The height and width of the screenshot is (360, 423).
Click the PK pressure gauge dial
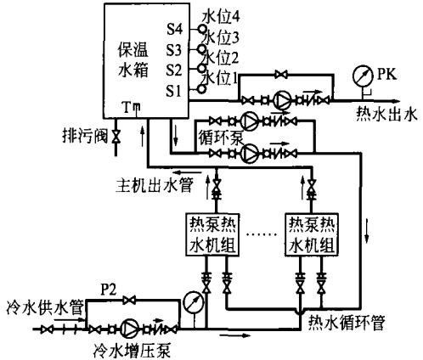click(x=363, y=76)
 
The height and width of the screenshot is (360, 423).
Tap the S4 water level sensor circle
click(x=202, y=29)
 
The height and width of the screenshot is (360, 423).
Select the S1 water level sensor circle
click(x=202, y=89)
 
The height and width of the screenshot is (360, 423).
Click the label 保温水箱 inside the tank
click(x=133, y=60)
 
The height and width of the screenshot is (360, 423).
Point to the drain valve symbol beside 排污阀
click(x=116, y=137)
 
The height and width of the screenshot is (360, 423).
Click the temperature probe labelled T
click(x=136, y=110)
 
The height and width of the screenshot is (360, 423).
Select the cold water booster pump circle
click(x=129, y=329)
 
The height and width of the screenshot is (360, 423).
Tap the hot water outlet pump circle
click(x=283, y=100)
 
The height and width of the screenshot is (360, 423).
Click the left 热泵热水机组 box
click(x=212, y=234)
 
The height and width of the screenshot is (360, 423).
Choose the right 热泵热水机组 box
click(x=312, y=234)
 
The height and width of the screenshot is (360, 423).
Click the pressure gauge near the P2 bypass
click(x=194, y=302)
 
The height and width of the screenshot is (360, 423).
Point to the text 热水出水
click(x=386, y=115)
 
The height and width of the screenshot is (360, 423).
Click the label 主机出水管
click(x=155, y=185)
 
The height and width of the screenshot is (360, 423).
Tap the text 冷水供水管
click(x=45, y=307)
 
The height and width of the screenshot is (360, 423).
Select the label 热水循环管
click(x=347, y=323)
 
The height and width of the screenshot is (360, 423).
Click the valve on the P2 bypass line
click(x=129, y=300)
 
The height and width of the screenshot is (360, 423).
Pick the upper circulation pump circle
click(x=249, y=121)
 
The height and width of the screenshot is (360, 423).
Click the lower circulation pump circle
click(x=249, y=153)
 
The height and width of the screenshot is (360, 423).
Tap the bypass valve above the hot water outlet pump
click(x=281, y=75)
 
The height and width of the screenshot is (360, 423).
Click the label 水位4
click(x=221, y=18)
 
